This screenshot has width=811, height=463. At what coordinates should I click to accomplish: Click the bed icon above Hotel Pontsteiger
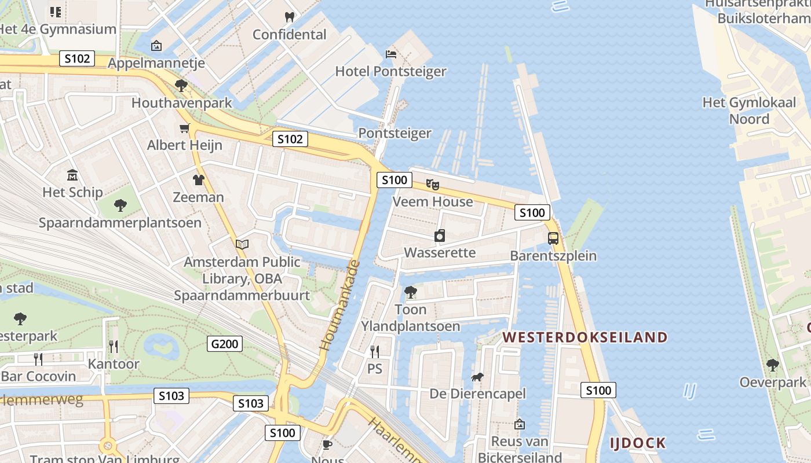point(391,54)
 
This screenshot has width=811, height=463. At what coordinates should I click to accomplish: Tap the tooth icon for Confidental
point(290,17)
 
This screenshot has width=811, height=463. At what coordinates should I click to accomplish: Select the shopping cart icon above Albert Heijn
point(184,128)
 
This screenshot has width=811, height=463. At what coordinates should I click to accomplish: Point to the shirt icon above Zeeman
point(199,180)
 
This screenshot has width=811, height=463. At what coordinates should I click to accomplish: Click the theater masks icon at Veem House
point(433,184)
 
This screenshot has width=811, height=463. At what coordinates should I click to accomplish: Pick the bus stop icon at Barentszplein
point(553,238)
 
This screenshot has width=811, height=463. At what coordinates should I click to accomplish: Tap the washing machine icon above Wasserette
point(440,236)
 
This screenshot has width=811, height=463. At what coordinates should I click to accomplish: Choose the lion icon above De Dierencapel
point(477,377)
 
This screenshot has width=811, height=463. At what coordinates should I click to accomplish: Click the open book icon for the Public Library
point(242,245)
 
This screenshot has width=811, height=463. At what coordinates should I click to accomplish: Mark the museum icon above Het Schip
point(72,175)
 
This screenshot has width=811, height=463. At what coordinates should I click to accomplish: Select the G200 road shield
point(225,344)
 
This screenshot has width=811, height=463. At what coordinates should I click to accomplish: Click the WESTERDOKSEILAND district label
point(584,337)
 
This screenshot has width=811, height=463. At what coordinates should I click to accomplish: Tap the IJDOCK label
point(637,443)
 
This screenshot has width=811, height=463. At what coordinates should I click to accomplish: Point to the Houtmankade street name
point(339,306)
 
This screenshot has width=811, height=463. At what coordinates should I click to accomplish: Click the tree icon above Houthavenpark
point(181,86)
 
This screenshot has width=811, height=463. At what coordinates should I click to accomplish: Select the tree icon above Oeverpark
point(772,365)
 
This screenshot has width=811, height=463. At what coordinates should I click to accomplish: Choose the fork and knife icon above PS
point(375,351)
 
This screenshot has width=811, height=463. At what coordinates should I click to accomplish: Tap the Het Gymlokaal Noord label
point(744,111)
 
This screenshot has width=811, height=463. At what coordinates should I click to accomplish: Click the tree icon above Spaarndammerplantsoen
point(120,205)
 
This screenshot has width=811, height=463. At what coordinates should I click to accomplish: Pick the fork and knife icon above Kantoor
point(114,347)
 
